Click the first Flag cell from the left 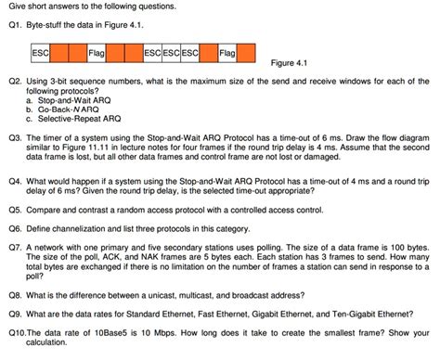pyautogui.click(x=96, y=53)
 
